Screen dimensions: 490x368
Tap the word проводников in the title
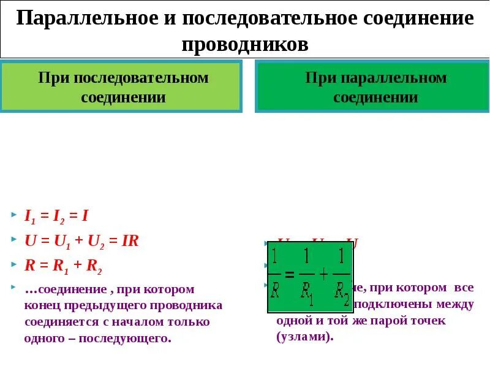pyautogui.click(x=245, y=44)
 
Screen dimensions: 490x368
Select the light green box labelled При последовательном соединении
pyautogui.click(x=123, y=87)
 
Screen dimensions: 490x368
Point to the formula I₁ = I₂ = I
pyautogui.click(x=56, y=215)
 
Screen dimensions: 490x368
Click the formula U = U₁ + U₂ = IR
pyautogui.click(x=82, y=241)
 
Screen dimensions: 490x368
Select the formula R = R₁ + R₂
pyautogui.click(x=63, y=266)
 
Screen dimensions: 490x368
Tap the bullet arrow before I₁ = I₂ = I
pyautogui.click(x=14, y=215)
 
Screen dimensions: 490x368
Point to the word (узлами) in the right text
pyautogui.click(x=304, y=336)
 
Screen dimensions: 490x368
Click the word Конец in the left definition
pyautogui.click(x=40, y=305)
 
